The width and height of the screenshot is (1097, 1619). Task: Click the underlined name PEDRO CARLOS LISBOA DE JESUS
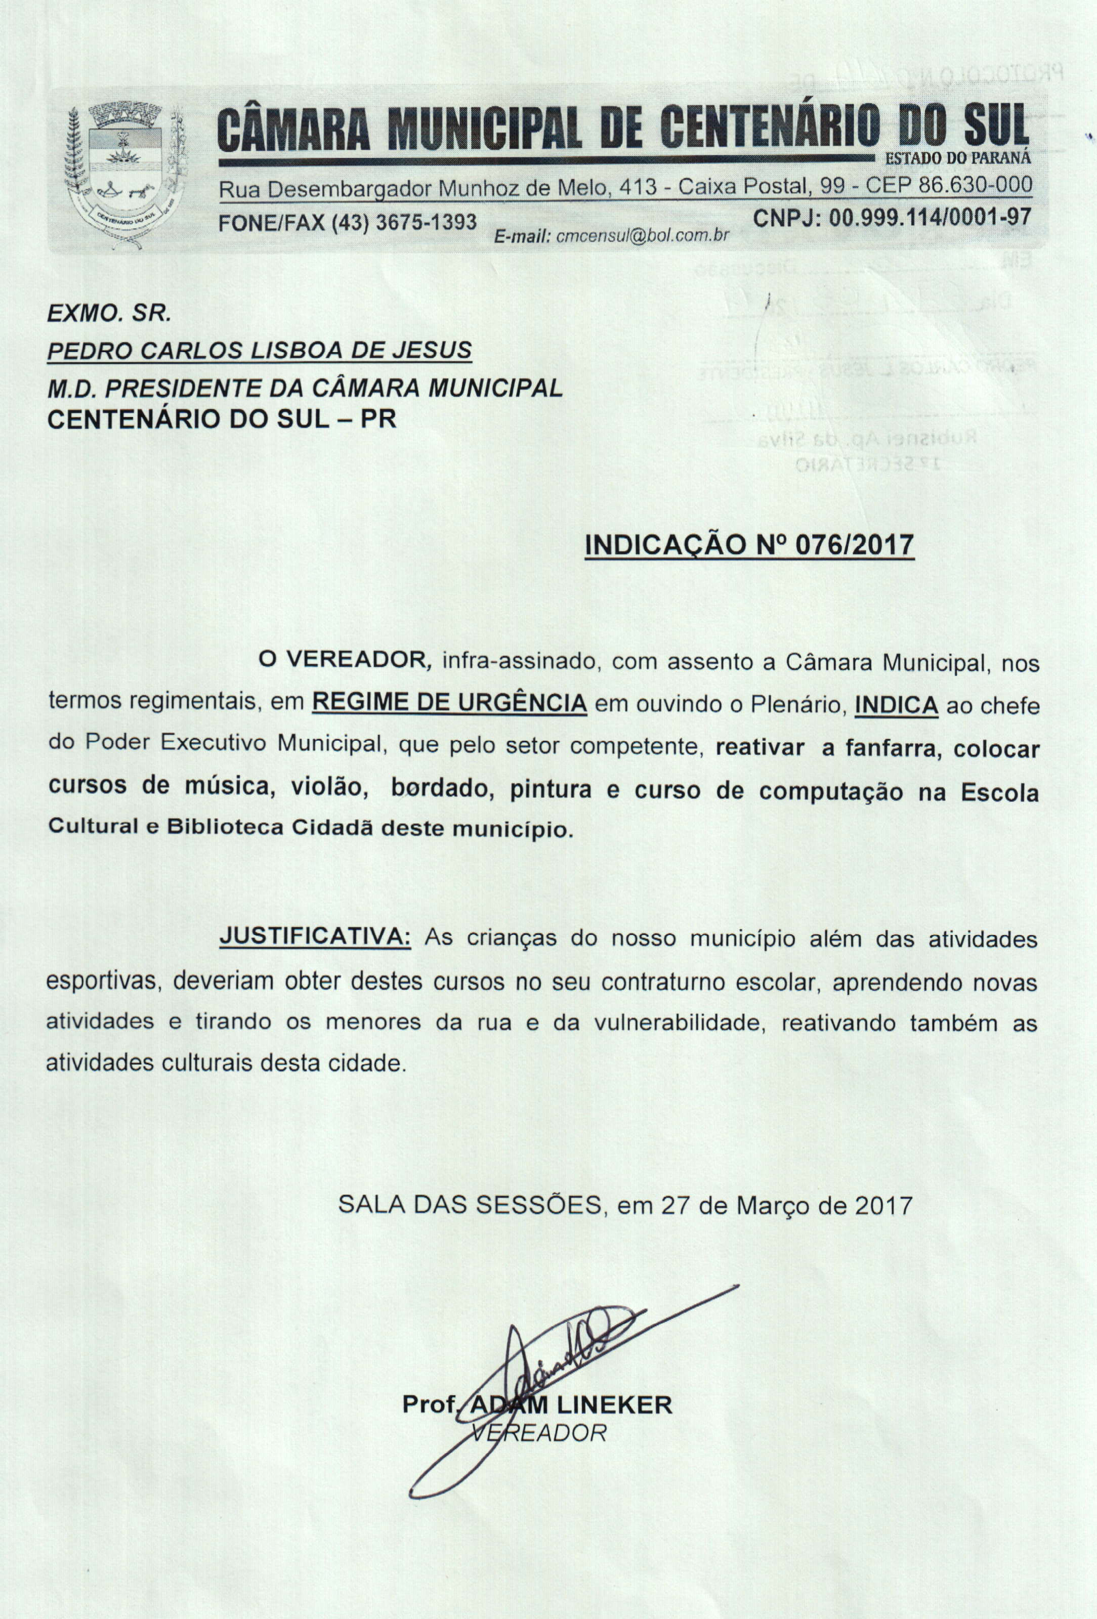click(259, 351)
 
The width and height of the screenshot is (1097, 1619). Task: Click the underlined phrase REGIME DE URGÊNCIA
click(450, 704)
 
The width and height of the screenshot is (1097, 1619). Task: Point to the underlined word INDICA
click(897, 705)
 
